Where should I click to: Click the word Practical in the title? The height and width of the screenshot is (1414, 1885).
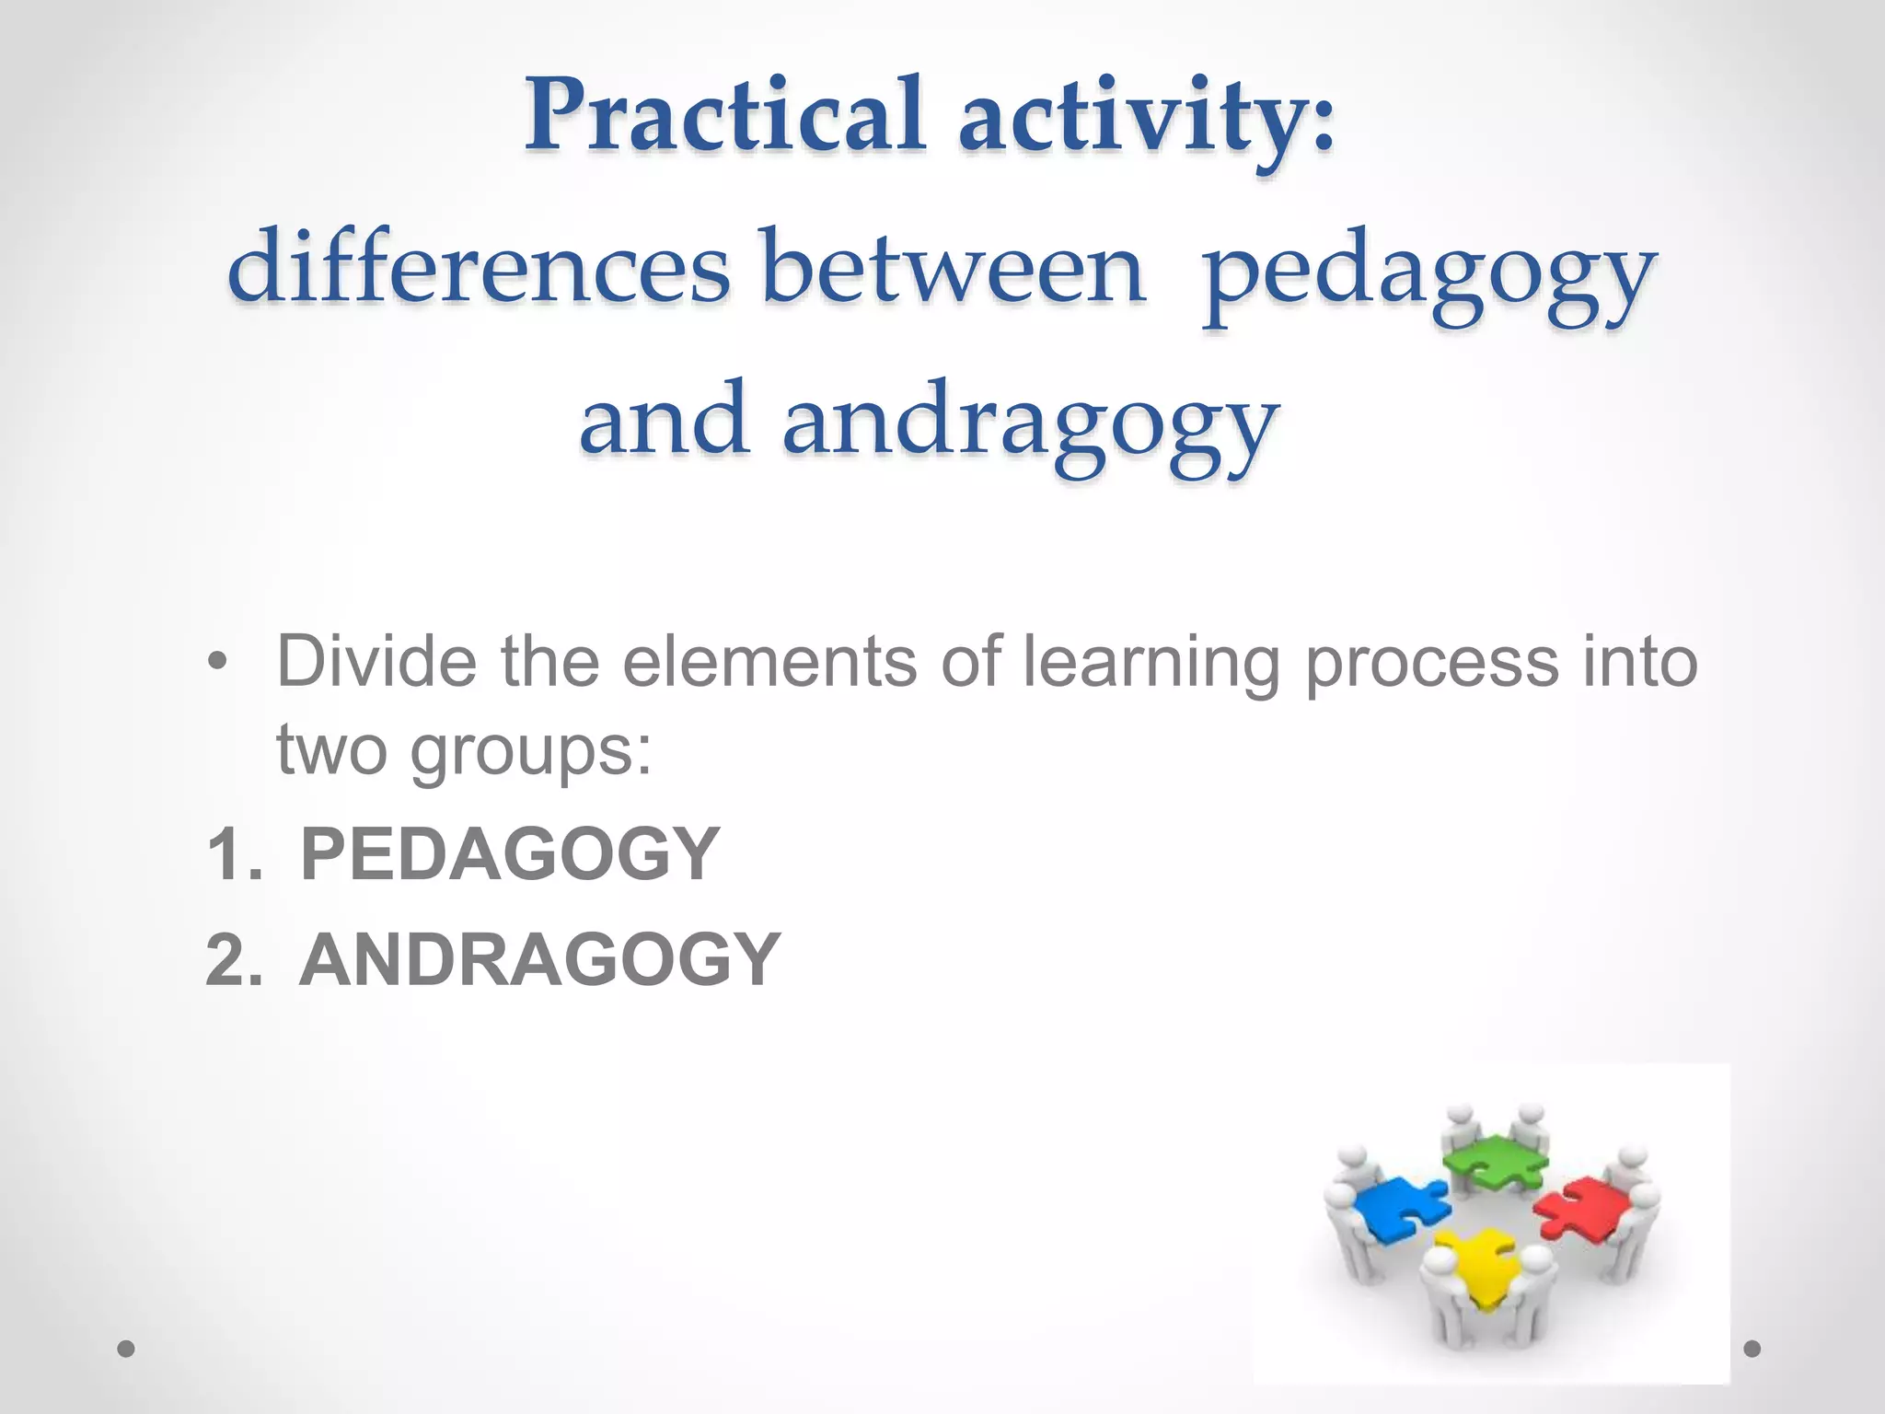coord(723,118)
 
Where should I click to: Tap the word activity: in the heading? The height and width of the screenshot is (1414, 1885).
coord(1146,118)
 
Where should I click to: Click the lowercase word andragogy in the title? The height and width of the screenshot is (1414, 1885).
coord(1030,423)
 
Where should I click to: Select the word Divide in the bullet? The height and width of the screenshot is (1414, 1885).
coord(376,662)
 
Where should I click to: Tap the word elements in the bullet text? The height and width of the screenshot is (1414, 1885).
coord(769,662)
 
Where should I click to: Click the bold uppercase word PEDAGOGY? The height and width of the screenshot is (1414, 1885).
coord(510,854)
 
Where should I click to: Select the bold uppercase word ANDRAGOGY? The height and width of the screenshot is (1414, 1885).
coord(540,960)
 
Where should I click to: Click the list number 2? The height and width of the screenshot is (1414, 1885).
coord(229,960)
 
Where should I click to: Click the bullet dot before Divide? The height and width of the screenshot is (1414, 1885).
coord(216,662)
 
